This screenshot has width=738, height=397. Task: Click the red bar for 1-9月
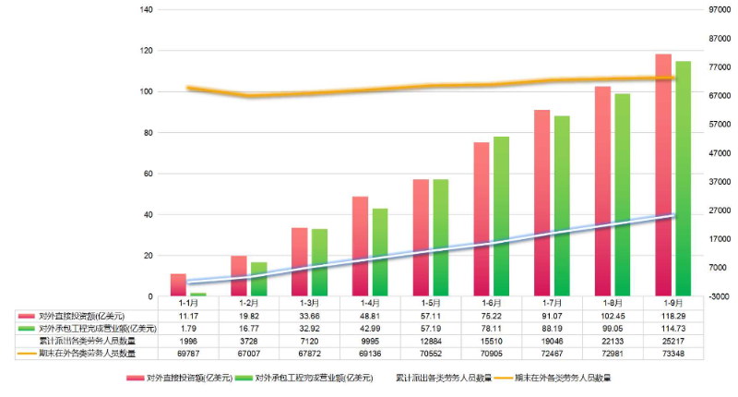(662, 175)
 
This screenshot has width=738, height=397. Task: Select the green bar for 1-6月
(501, 216)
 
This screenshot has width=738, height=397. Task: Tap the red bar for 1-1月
(178, 284)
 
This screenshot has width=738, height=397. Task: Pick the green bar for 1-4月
(379, 252)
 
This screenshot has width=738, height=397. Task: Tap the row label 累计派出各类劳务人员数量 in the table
(87, 340)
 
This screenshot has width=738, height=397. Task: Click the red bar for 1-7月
(542, 203)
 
